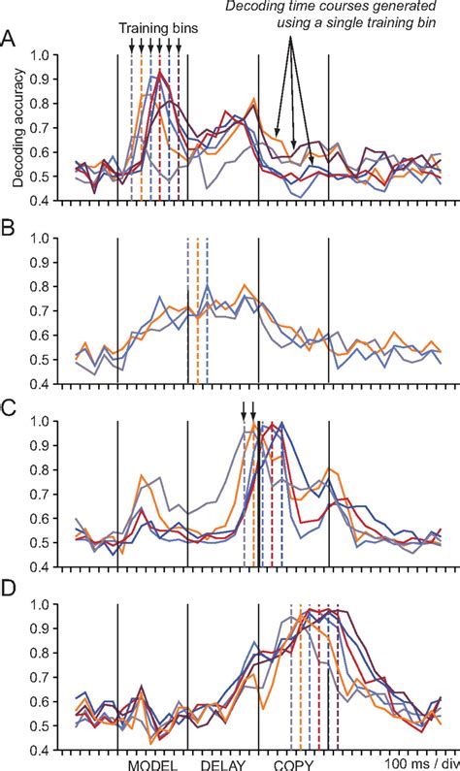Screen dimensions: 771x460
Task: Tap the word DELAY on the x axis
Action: (x=222, y=763)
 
